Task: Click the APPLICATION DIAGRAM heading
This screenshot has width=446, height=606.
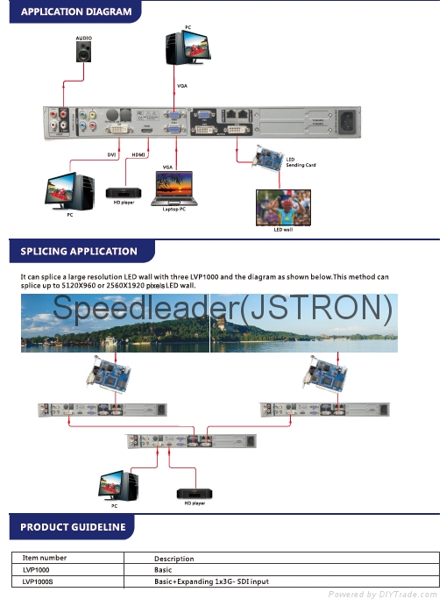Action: tap(76, 12)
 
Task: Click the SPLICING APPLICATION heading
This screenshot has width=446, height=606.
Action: tap(79, 252)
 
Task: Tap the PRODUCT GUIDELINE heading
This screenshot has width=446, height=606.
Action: tap(73, 527)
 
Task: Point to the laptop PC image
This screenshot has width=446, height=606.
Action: tap(174, 186)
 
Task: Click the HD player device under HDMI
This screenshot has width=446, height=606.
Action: tap(122, 192)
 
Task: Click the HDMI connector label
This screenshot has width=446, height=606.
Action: tap(139, 155)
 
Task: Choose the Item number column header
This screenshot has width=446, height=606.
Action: tap(45, 558)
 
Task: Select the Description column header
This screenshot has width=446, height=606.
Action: tap(174, 559)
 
